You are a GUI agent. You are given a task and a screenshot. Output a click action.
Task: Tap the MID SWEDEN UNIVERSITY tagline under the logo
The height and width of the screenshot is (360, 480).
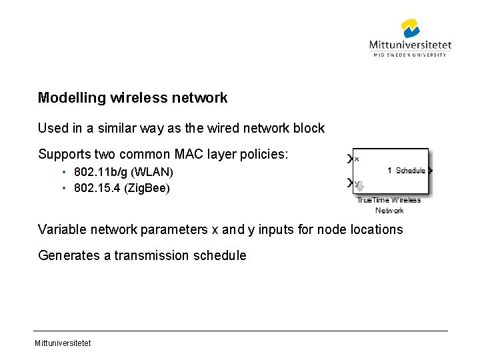409,55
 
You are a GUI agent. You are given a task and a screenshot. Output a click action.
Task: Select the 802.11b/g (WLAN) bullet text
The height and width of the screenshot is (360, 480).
123,173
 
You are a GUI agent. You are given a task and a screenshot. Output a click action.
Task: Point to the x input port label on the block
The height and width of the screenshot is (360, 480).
357,159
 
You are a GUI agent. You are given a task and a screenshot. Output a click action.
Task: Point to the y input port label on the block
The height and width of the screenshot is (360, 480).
357,183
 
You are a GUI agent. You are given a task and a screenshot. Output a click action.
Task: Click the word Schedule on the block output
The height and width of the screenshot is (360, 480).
410,171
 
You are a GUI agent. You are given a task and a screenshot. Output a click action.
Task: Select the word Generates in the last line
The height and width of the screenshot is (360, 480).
70,255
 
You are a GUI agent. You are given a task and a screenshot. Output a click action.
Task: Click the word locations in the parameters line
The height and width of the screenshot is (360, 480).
376,229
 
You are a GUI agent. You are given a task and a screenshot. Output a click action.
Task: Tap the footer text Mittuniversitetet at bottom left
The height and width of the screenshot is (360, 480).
64,343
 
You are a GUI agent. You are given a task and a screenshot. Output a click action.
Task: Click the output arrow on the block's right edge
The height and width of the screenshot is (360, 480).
430,171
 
